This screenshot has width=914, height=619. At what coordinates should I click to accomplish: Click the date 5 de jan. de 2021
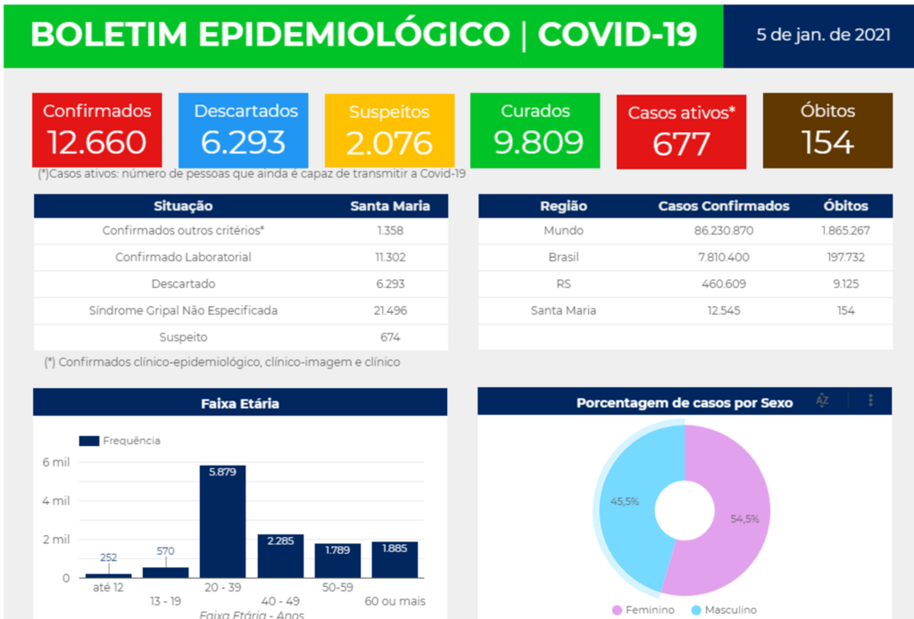pos(822,36)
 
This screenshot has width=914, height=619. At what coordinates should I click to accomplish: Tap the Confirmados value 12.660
pos(97,143)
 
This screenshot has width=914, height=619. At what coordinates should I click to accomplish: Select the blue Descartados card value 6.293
pos(243,143)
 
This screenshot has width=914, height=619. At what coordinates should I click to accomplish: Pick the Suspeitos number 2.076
pos(389,143)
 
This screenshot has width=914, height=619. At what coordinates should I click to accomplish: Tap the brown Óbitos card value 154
pos(827,143)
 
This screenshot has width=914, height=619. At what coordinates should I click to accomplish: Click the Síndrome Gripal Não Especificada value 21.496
pos(390,310)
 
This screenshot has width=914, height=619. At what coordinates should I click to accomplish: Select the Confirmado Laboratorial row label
pos(183,257)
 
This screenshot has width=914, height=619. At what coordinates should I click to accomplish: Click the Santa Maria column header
pos(390,206)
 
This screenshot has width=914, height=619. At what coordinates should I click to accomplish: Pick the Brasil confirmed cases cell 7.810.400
pos(724,257)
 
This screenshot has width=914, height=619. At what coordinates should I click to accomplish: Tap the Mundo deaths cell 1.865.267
pos(845,230)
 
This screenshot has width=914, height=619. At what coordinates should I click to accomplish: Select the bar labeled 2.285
pos(280,556)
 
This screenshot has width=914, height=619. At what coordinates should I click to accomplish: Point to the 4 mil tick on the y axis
pos(54,501)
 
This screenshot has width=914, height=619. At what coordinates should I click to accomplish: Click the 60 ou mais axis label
pos(395,601)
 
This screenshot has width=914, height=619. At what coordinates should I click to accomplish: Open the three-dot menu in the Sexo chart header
pos(871,401)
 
